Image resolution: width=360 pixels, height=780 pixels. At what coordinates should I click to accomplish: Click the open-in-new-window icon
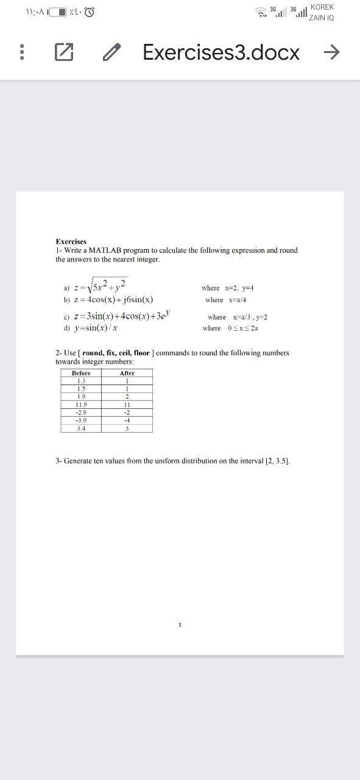[64, 53]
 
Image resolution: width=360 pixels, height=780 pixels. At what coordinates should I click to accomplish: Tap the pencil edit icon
[111, 53]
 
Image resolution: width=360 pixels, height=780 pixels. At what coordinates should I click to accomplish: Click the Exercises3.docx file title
[221, 53]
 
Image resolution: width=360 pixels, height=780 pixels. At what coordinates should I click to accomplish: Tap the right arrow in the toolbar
[331, 53]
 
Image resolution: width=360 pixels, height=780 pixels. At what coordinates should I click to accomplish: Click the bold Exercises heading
[71, 241]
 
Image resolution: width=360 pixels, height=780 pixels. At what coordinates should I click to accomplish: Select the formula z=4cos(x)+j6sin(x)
[113, 300]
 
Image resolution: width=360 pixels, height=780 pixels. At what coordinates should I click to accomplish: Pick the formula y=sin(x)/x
[96, 328]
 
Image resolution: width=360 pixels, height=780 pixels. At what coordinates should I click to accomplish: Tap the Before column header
[81, 373]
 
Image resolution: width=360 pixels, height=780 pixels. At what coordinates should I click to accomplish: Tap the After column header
[127, 373]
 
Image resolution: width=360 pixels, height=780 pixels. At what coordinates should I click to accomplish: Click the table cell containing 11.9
[81, 405]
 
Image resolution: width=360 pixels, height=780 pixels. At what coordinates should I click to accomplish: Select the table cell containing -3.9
[81, 420]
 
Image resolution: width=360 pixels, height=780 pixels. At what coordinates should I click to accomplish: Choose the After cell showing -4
[127, 420]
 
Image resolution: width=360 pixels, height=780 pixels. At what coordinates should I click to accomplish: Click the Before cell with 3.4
[81, 428]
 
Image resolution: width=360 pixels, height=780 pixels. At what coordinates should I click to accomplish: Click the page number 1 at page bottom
[180, 625]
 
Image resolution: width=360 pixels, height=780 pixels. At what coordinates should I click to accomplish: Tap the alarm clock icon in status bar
[89, 12]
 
